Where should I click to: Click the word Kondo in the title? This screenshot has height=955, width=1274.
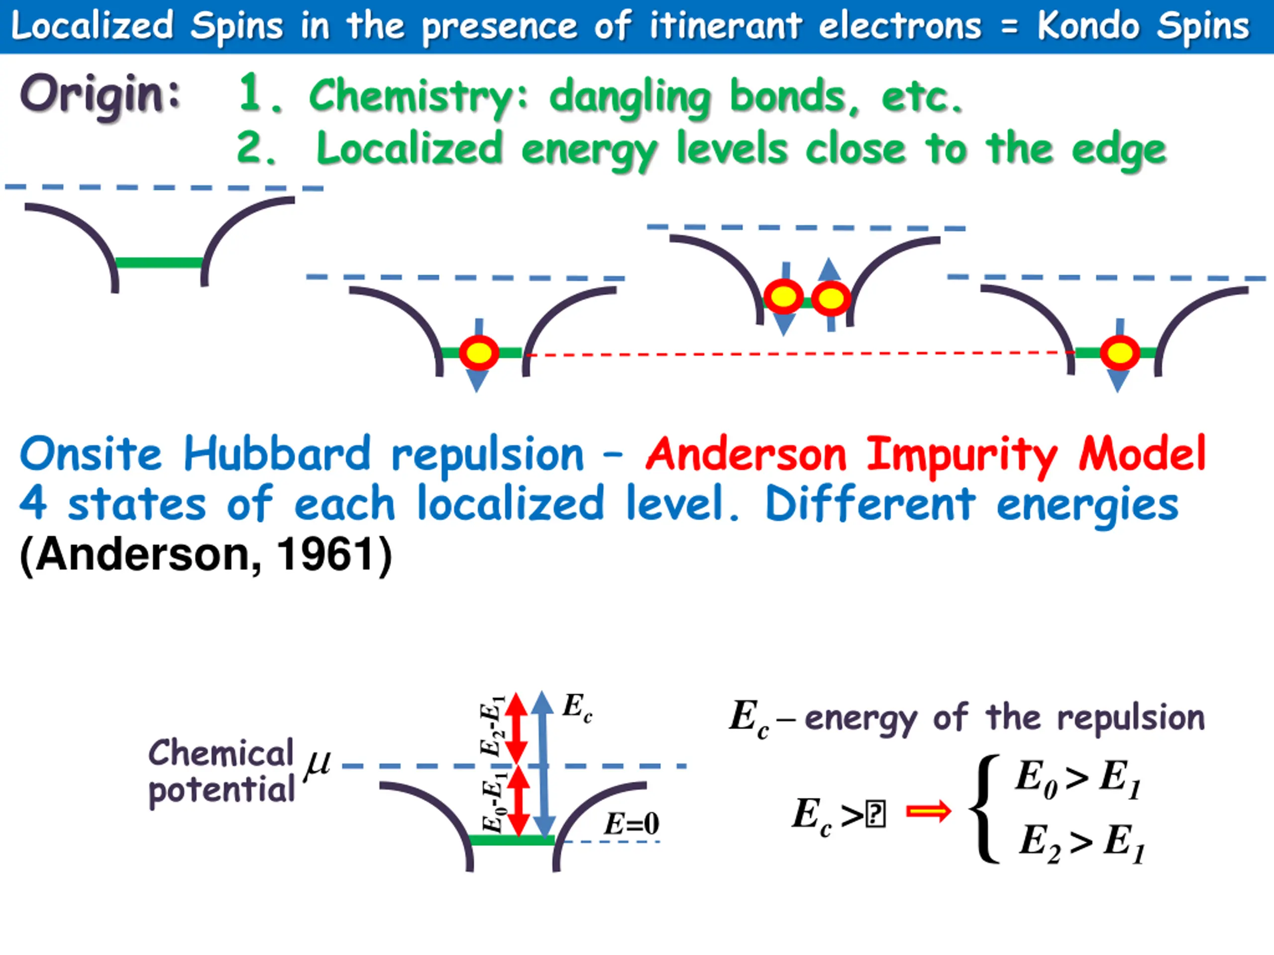[x=1088, y=26]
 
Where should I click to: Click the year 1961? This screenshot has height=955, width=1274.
[x=326, y=555]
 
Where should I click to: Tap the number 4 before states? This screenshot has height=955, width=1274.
[x=33, y=502]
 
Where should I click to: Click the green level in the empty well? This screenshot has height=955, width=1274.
[x=159, y=263]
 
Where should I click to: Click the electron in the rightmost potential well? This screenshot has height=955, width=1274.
[x=1120, y=352]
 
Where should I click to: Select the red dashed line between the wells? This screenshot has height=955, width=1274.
[x=795, y=354]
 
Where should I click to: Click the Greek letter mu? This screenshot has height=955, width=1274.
[x=318, y=764]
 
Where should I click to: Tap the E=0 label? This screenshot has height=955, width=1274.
[x=631, y=824]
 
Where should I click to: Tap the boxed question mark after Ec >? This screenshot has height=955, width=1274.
[x=875, y=815]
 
